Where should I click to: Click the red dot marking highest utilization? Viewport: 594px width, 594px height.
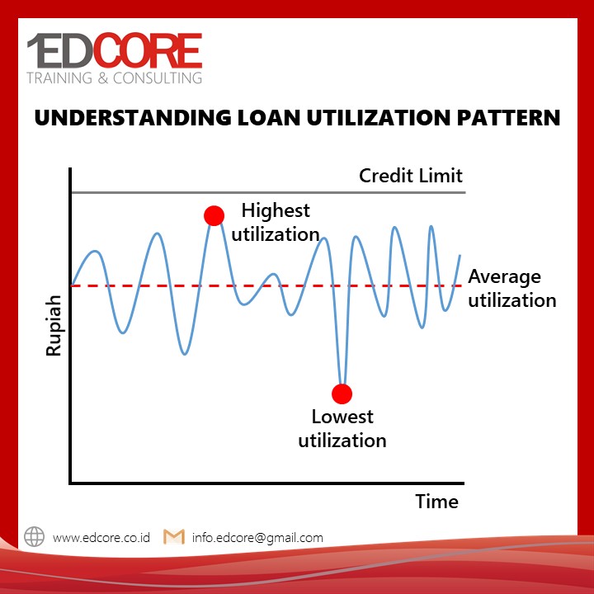tap(214, 216)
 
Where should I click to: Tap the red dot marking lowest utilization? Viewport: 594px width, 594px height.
tap(342, 394)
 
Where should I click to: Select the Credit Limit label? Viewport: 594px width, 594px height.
tap(411, 176)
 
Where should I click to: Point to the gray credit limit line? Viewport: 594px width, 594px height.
tap(268, 192)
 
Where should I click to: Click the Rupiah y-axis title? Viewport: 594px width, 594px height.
tap(54, 326)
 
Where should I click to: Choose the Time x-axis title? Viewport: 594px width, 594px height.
tap(436, 502)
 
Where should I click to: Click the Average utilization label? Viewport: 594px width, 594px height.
tap(512, 288)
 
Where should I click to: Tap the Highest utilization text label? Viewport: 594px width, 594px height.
tap(276, 223)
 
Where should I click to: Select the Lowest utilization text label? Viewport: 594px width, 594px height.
tap(342, 428)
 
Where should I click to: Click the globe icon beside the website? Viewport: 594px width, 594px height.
tap(34, 536)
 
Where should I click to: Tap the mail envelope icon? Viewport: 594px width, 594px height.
tap(174, 537)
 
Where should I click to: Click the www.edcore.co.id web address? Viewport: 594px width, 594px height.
tap(101, 538)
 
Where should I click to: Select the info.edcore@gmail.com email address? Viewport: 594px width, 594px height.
tap(257, 538)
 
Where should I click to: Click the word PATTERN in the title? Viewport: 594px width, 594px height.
tap(508, 118)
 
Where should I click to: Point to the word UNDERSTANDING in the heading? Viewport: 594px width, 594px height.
tap(133, 118)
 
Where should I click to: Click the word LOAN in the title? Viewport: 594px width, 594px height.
tap(269, 118)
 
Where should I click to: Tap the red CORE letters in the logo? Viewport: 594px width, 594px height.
tap(148, 50)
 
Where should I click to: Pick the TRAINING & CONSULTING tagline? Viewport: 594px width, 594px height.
tap(115, 78)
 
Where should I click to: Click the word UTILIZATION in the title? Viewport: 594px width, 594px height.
tap(379, 118)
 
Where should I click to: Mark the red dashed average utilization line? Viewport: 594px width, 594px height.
tap(266, 285)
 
